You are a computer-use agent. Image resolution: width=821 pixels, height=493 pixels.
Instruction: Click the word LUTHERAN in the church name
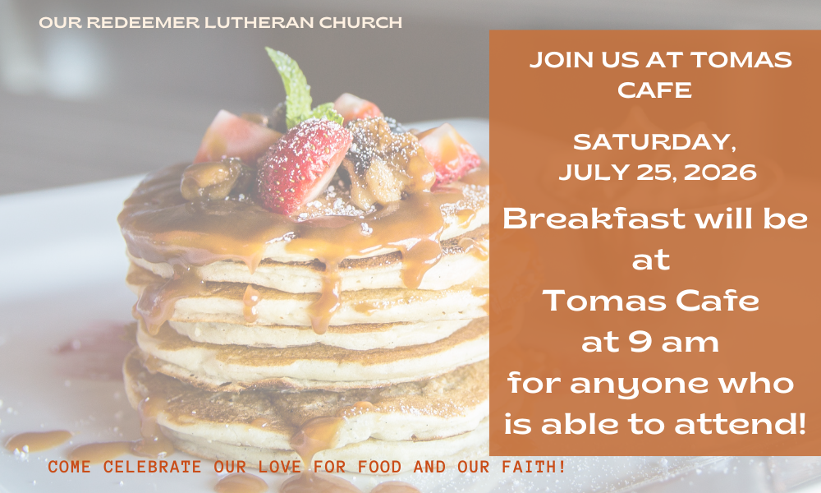[x=259, y=22]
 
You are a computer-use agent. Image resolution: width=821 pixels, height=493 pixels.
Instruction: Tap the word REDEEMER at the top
[x=142, y=22]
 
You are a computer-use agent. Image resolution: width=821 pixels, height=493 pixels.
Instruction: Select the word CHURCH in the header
[x=360, y=22]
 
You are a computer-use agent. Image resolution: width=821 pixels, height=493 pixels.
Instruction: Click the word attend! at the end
[x=740, y=424]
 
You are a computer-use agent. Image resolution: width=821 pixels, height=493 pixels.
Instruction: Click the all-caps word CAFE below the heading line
[x=654, y=90]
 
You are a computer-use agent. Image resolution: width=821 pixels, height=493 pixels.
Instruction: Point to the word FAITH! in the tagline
[x=534, y=466]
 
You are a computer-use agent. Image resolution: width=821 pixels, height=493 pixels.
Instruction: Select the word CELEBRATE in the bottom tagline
[x=152, y=466]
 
